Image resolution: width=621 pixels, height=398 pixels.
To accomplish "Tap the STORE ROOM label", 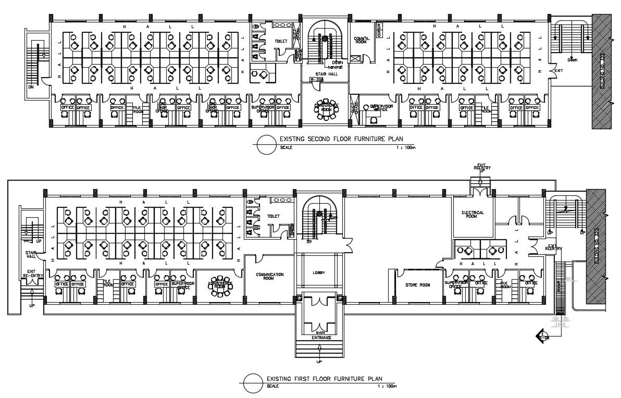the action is click(x=417, y=285).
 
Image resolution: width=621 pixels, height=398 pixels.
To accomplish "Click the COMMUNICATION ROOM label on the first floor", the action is click(x=269, y=276).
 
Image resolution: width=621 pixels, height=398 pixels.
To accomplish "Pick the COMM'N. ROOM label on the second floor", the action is click(x=361, y=40).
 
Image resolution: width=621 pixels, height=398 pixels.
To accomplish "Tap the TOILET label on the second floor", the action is click(x=281, y=41).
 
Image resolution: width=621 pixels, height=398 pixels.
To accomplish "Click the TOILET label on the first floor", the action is click(x=274, y=216).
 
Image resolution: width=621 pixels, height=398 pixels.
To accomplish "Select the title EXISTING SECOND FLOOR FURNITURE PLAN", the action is click(x=341, y=140).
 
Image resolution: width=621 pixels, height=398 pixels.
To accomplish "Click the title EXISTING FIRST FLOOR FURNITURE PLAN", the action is click(x=324, y=378).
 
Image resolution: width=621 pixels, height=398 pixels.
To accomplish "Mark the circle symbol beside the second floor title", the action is click(x=266, y=143).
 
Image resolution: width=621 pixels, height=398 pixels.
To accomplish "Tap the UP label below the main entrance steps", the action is click(x=319, y=361).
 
